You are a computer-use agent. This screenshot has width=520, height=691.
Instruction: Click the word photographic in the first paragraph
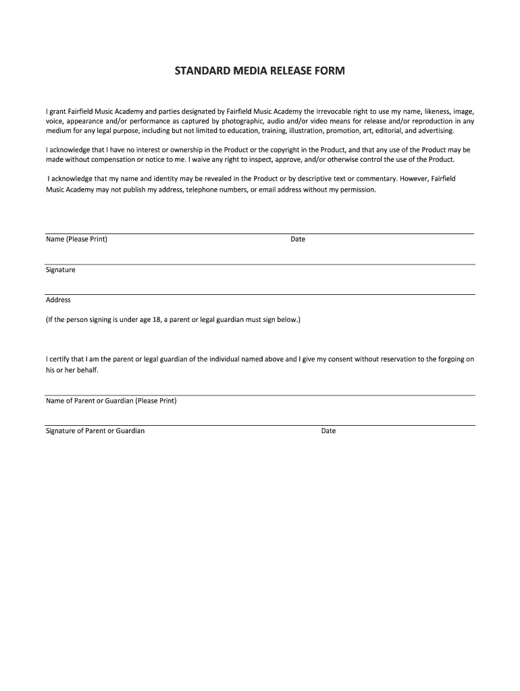coord(251,121)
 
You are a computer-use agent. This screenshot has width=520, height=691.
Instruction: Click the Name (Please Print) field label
coord(76,240)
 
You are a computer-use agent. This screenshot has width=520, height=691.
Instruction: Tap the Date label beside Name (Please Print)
coord(298,240)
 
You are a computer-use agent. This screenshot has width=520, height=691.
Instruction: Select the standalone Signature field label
coord(61,270)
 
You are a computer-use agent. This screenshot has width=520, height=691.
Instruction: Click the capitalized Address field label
coord(58,300)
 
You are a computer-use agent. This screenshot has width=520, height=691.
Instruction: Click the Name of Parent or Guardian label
coord(111,401)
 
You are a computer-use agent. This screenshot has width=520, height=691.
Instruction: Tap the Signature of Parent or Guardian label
coord(95,431)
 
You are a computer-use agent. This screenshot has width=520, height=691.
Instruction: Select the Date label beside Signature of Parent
coord(328,431)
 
